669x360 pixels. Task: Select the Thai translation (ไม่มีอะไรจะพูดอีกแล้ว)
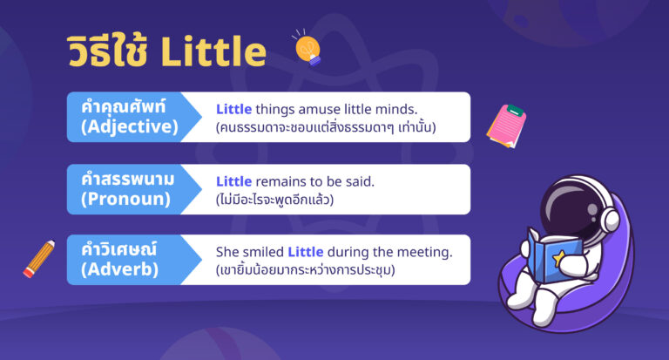click(x=274, y=200)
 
